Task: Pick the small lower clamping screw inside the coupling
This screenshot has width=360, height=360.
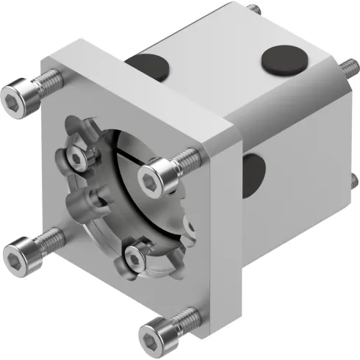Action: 135,256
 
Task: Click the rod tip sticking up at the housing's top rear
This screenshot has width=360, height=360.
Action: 255,10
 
